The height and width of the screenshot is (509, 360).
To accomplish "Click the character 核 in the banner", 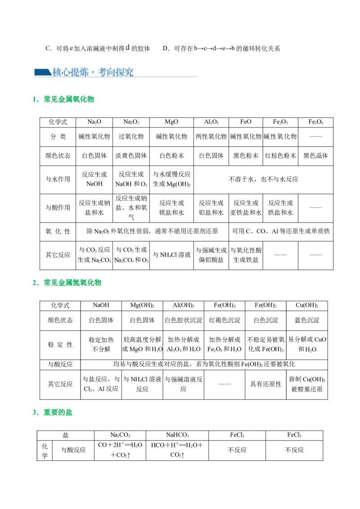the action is (x=57, y=72).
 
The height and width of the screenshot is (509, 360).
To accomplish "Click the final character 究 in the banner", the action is (x=129, y=72).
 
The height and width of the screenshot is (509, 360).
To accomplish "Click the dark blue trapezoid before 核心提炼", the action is (x=43, y=72).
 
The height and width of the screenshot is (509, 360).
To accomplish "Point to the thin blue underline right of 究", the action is (x=166, y=77).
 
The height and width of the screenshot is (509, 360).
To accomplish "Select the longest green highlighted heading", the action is (x=73, y=283).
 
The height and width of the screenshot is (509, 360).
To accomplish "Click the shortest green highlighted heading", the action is (x=59, y=412).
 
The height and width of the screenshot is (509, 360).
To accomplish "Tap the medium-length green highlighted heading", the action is (x=70, y=99).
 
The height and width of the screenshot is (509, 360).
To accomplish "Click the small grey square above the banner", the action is (x=70, y=45).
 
